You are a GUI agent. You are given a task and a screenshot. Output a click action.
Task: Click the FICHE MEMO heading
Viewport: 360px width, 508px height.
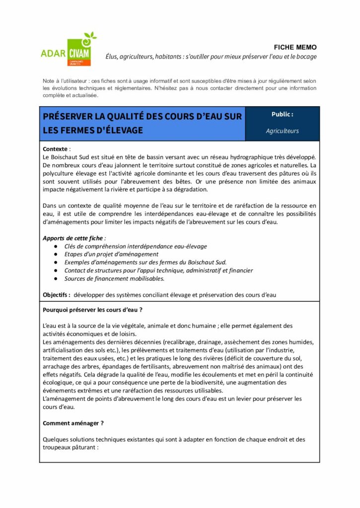click(295, 47)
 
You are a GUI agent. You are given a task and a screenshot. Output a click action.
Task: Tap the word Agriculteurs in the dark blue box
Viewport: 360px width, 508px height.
click(282, 131)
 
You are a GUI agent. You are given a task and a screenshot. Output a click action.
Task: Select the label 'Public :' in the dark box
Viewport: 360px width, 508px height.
click(282, 114)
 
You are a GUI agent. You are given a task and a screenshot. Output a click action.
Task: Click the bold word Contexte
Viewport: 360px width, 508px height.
click(56, 149)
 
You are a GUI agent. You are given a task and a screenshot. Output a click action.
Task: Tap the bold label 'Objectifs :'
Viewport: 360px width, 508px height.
click(57, 295)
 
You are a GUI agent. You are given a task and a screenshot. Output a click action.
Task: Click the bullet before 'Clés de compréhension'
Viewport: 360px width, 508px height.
click(54, 247)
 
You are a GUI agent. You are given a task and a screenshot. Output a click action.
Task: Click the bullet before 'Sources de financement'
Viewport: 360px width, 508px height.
click(54, 279)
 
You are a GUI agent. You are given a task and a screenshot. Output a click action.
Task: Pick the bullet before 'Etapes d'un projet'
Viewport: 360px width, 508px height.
click(54, 254)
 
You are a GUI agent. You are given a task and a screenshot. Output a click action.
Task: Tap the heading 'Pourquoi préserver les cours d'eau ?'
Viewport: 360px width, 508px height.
click(93, 310)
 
